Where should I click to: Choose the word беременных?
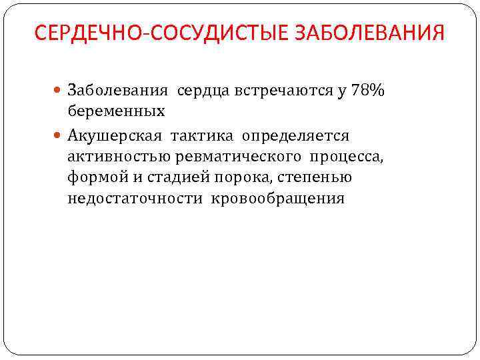coord(116,111)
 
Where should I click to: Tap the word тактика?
coord(202,136)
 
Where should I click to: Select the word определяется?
coord(296,136)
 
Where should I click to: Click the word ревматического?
coord(236,157)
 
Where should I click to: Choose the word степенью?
coord(313,177)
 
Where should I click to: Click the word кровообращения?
coord(279,198)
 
